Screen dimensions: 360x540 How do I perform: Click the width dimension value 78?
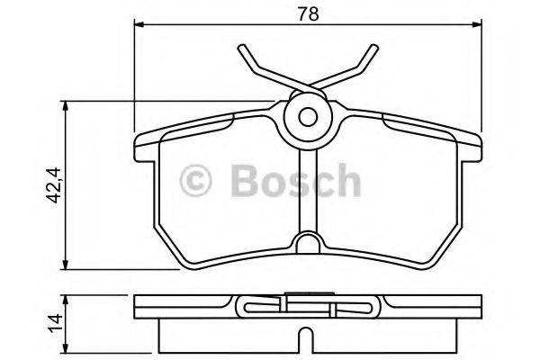coord(307,13)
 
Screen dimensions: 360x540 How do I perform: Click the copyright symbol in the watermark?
coord(197,180)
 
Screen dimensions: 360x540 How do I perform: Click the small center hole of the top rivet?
coord(307,116)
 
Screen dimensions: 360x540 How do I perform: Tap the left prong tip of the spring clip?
coord(242,48)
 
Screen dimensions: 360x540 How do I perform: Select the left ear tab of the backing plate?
coord(144,142)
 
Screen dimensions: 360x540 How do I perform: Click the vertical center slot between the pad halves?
coord(307,189)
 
